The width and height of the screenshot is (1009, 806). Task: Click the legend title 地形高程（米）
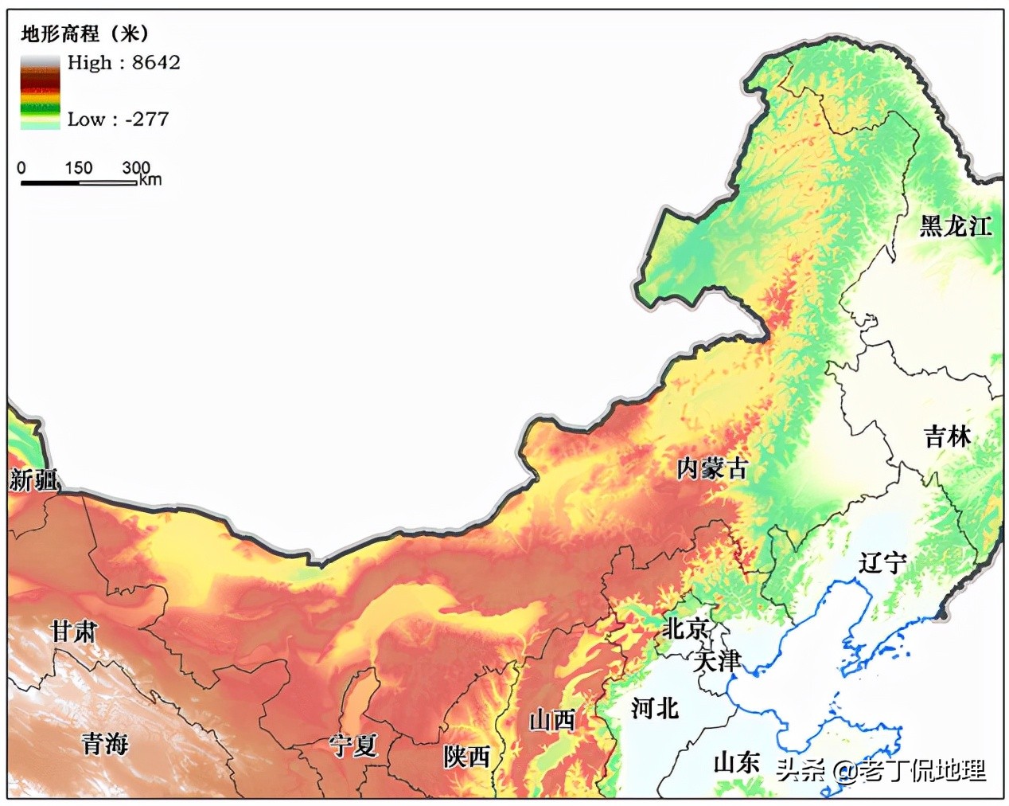coord(84,33)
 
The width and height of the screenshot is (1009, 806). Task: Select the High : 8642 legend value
coord(123,62)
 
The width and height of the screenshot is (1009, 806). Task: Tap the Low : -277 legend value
coord(118,119)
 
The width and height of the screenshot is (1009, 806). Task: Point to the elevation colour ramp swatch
coord(40,92)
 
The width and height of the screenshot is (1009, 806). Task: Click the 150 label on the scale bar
coord(78,168)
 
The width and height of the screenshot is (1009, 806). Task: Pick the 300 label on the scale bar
coord(136,168)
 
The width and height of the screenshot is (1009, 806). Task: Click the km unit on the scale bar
coord(150,180)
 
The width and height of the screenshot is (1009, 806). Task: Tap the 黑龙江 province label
coord(956,226)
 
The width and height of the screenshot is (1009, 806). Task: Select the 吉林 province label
coord(947,436)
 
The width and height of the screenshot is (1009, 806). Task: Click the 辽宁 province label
coord(882,563)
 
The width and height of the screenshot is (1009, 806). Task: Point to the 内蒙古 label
coord(712,468)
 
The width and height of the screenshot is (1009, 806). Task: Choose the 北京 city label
coord(686,628)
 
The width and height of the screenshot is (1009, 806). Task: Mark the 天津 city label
coord(717,660)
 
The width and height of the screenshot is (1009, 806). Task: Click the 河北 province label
coord(654,707)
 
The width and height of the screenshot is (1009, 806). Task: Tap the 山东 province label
coord(736,763)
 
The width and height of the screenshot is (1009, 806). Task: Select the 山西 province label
coord(552,720)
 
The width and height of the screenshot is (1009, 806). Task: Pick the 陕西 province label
coord(467,756)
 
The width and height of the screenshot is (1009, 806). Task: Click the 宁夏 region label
coord(353,745)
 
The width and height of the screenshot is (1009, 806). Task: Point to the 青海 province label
coord(105,743)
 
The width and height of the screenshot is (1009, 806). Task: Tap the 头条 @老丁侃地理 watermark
coord(881,770)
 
